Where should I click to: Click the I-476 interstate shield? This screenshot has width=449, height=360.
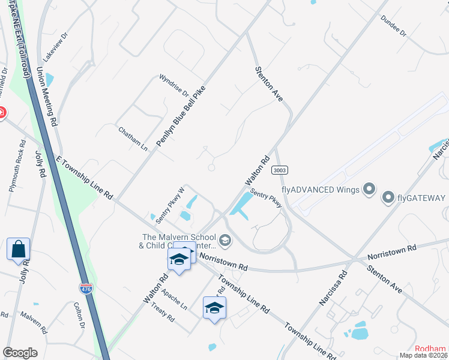[x=85, y=289]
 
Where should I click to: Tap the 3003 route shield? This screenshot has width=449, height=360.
[x=279, y=170]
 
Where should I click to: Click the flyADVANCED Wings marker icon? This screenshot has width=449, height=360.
[x=369, y=190]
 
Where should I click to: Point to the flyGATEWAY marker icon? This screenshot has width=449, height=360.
[x=388, y=197]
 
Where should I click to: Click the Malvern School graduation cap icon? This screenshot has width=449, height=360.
[x=224, y=241]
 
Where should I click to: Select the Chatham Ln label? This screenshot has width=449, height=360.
[x=133, y=137]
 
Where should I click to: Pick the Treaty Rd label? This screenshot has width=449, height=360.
[x=163, y=311]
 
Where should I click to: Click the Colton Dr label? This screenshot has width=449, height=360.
[x=79, y=315]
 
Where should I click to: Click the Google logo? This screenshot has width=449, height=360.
[x=20, y=352]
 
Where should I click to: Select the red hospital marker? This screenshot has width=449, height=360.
[x=2, y=112]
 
